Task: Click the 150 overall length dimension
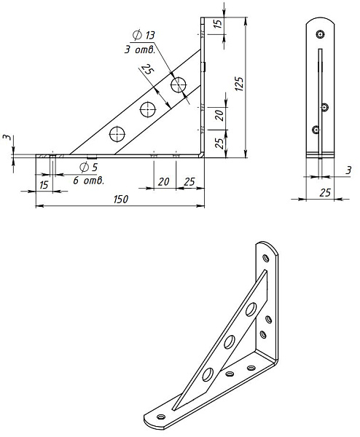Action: [121, 200]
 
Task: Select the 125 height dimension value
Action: [239, 83]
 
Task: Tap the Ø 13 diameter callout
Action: [144, 36]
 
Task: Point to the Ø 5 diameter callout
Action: [88, 168]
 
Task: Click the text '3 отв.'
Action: [140, 50]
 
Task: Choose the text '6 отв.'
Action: [89, 181]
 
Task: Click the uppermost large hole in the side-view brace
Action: [179, 84]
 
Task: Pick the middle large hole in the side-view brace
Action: [148, 109]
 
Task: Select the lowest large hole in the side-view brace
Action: [117, 134]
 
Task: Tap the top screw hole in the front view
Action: [321, 34]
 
